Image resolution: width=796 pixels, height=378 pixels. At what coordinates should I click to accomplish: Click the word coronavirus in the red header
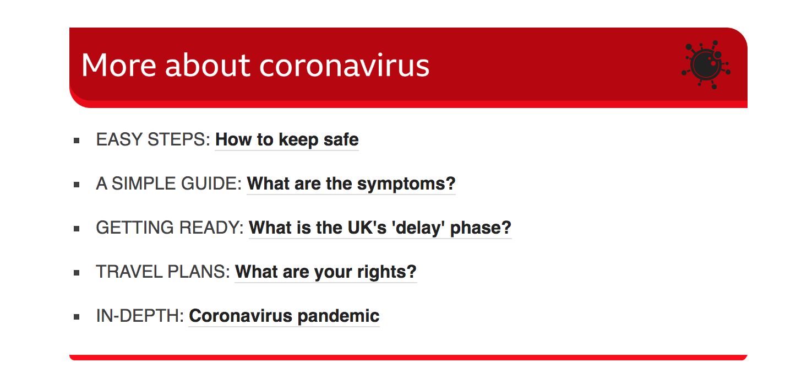(x=345, y=65)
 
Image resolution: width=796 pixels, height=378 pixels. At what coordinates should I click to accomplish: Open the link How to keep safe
(x=287, y=139)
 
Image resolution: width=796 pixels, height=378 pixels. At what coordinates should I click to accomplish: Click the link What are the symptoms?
(x=351, y=183)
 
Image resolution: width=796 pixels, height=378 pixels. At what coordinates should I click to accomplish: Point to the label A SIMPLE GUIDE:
(x=169, y=183)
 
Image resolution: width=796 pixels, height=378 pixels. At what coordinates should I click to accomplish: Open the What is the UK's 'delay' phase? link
(x=380, y=228)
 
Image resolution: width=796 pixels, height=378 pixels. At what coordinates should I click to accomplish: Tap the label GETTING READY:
(x=170, y=228)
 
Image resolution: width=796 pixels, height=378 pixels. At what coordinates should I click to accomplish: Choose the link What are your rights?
(x=325, y=272)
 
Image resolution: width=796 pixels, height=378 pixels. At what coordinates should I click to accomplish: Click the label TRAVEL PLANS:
(x=163, y=272)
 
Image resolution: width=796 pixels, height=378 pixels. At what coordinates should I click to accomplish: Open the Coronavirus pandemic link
(x=284, y=316)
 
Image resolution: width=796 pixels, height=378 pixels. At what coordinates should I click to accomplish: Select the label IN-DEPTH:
(x=140, y=316)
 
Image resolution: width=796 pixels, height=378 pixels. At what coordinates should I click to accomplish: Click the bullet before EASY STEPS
(x=77, y=141)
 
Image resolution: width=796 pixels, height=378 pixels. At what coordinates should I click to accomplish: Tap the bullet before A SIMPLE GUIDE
(x=77, y=185)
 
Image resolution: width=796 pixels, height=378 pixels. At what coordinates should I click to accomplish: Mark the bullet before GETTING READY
(x=77, y=229)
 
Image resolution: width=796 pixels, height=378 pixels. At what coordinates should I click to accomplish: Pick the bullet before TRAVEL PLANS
(x=77, y=273)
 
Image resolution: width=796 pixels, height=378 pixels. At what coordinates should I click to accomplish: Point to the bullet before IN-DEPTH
(x=77, y=317)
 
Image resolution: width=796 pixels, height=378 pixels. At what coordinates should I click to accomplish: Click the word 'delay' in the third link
(x=418, y=228)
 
